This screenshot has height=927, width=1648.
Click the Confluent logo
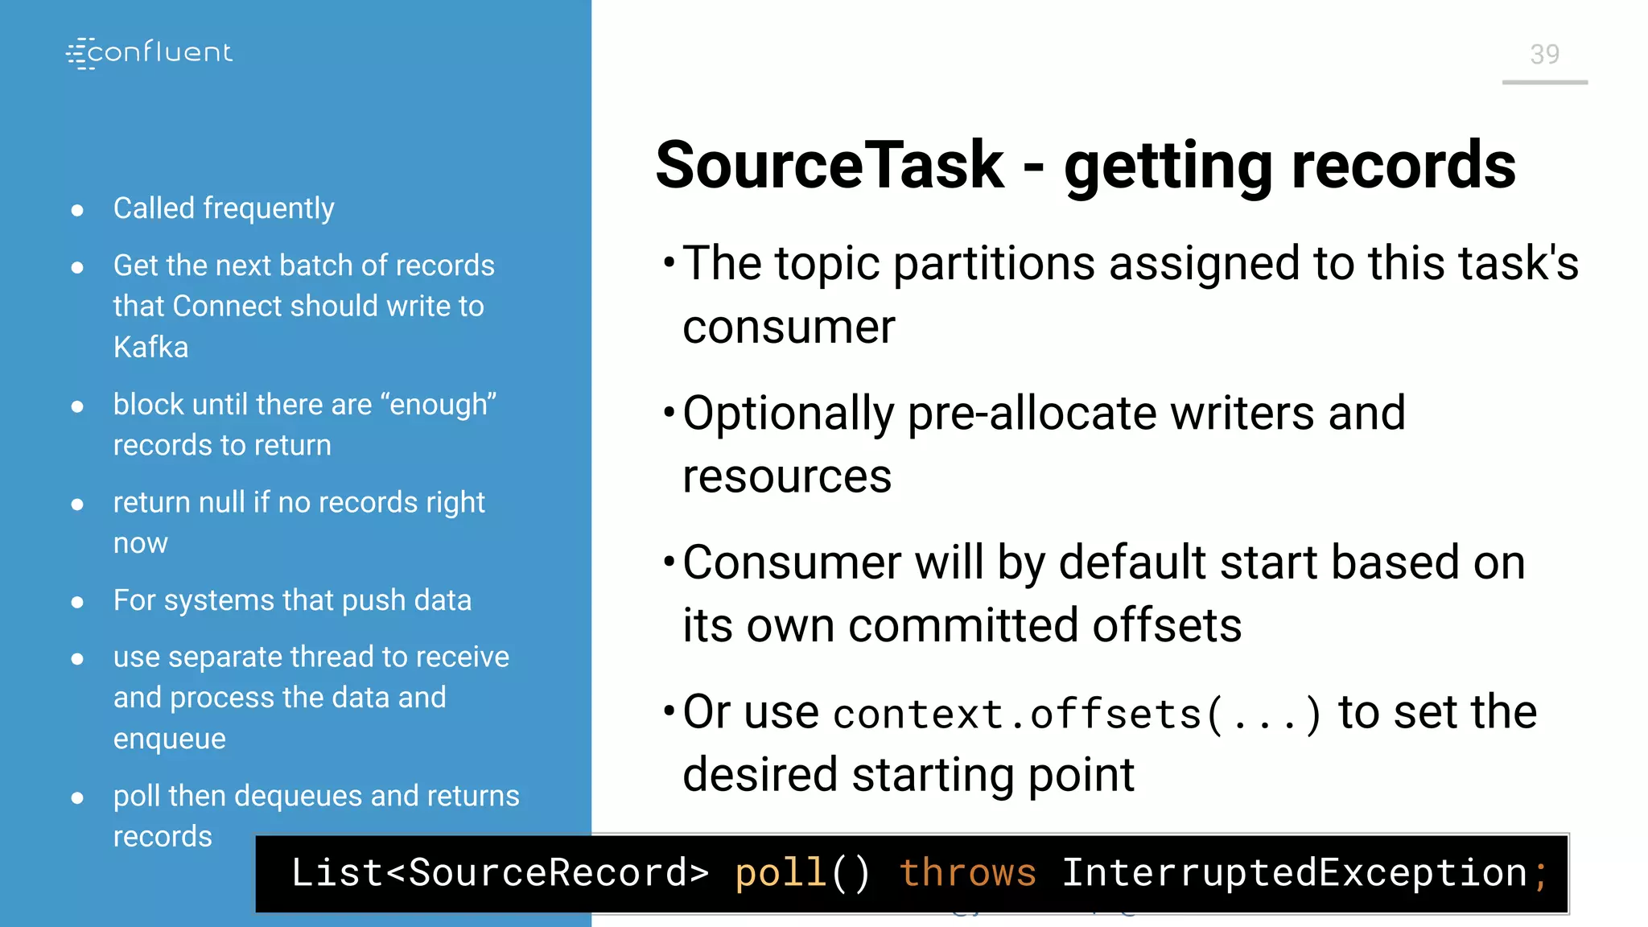(x=150, y=53)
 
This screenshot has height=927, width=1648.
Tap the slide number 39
(x=1544, y=55)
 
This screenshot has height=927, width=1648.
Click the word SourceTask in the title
(x=830, y=165)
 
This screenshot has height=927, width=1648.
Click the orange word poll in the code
(x=780, y=873)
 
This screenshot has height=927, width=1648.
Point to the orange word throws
(x=967, y=873)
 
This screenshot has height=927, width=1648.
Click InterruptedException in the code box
(x=1294, y=873)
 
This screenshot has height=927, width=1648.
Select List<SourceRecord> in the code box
(x=499, y=873)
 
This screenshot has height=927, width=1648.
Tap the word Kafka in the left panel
(x=150, y=348)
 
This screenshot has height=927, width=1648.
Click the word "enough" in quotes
(x=443, y=404)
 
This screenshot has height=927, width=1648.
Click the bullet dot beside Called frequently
(x=77, y=211)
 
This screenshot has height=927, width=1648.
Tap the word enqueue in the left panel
(x=169, y=739)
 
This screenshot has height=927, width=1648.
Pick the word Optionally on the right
(x=788, y=414)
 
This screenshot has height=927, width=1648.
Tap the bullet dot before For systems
(x=77, y=602)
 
